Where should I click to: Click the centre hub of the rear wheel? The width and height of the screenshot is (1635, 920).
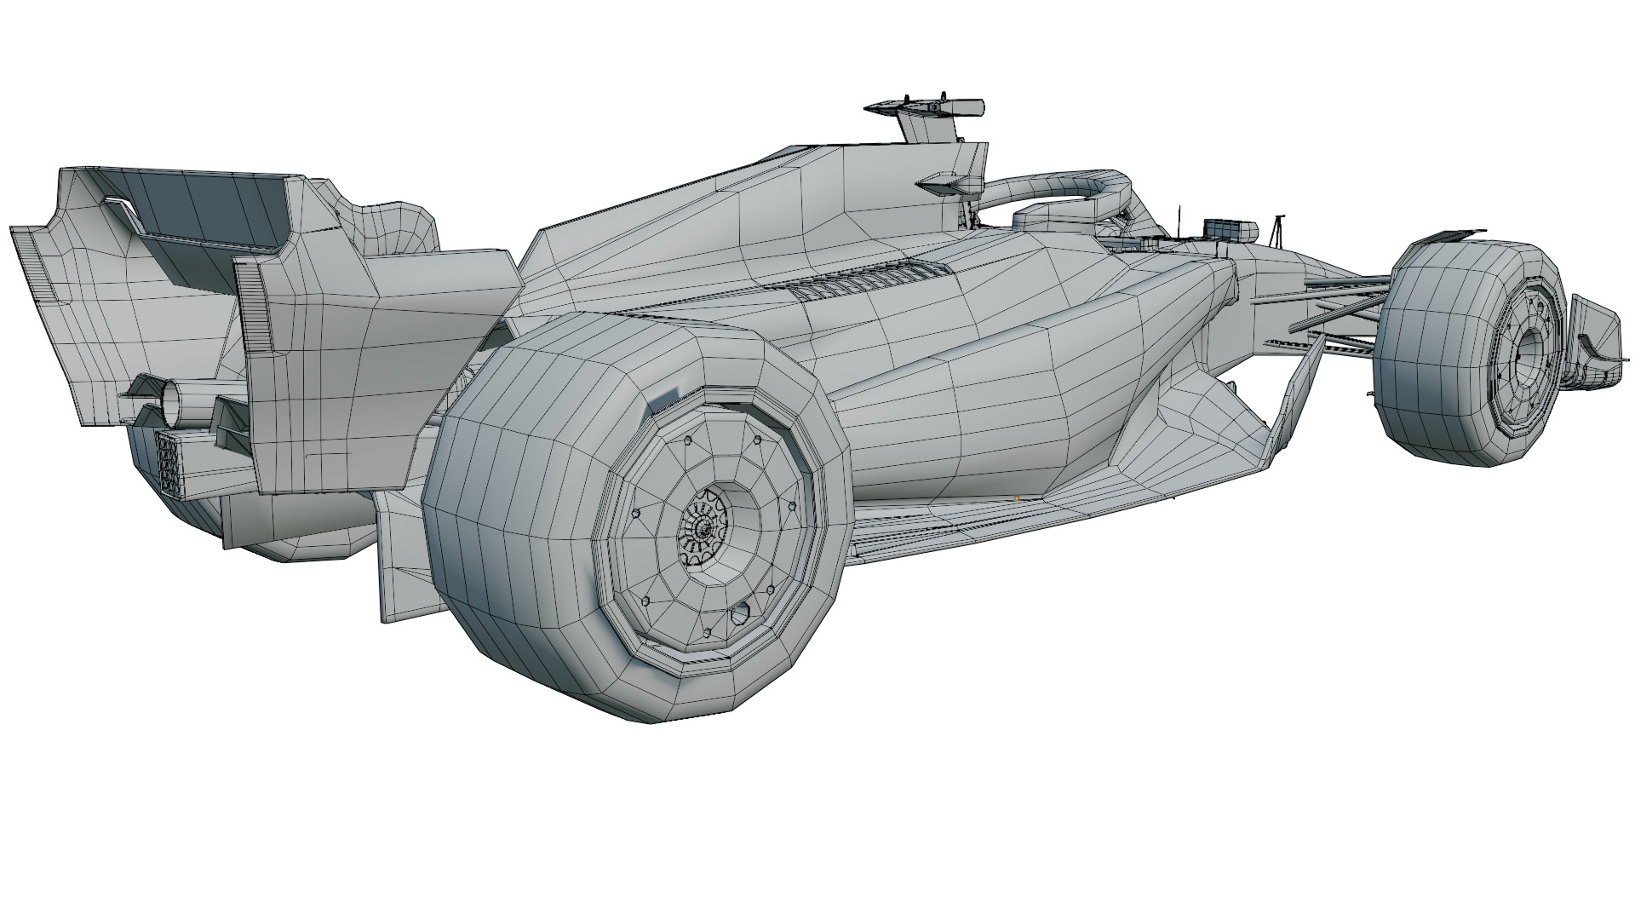click(x=703, y=529)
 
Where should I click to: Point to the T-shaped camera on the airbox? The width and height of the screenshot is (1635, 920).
click(x=928, y=109)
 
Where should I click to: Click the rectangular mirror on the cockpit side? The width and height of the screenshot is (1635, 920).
click(x=1230, y=228)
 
